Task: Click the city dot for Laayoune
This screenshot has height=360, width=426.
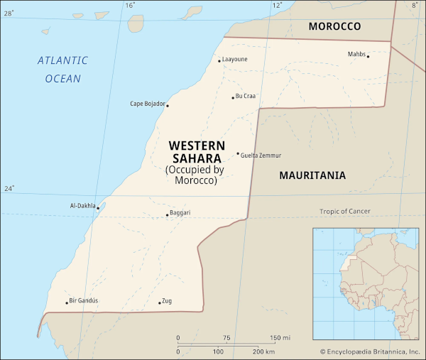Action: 219,61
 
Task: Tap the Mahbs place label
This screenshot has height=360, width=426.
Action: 356,54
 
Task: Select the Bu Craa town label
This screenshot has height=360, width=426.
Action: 246,97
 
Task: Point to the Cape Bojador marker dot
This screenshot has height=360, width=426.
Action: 168,106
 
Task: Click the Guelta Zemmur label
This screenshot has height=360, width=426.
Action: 261,156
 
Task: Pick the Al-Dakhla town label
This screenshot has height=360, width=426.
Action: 82,206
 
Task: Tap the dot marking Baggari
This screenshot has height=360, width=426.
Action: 168,215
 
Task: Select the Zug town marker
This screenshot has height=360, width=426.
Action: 159,303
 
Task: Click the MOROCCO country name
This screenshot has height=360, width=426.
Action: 334,26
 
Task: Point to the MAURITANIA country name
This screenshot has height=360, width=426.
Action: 312,175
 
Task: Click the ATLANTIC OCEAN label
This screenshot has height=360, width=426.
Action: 63,70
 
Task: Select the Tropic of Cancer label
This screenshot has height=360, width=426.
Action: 344,211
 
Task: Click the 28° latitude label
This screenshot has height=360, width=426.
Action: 9,5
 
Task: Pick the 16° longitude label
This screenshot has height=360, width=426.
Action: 129,5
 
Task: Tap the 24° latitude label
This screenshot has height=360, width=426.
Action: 9,189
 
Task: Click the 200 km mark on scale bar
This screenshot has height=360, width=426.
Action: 264,352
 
